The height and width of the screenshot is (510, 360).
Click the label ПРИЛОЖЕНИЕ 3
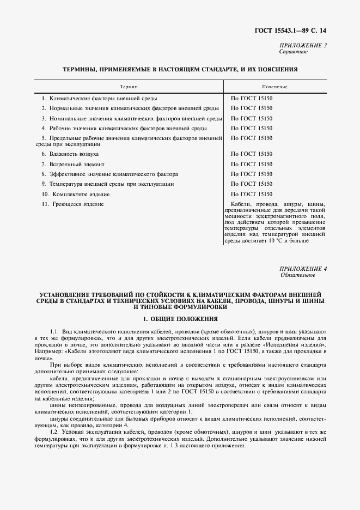[x=303, y=45]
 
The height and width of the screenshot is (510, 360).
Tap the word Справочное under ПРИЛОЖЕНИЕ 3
[x=294, y=52]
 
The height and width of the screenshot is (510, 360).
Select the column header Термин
[x=129, y=87]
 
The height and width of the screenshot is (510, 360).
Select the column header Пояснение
[x=274, y=87]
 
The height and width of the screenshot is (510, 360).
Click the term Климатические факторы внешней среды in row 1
[x=103, y=99]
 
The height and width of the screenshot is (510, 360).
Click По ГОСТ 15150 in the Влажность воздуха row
[x=251, y=154]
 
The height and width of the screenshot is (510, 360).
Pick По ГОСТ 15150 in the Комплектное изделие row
[x=251, y=194]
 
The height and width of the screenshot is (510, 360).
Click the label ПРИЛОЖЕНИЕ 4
[x=303, y=269]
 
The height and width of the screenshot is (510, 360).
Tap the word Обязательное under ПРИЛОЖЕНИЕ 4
[x=297, y=275]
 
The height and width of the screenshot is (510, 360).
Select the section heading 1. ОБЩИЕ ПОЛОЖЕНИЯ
[x=180, y=318]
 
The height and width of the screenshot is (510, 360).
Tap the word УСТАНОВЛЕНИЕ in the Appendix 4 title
[x=64, y=293]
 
